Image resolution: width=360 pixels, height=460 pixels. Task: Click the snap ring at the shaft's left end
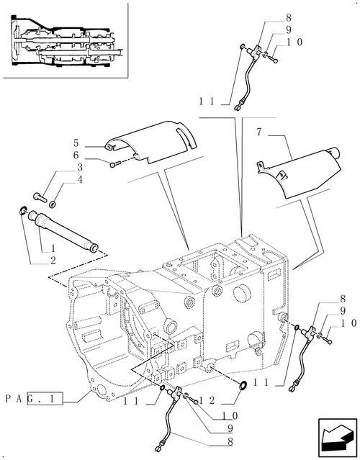(x=23, y=211)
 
